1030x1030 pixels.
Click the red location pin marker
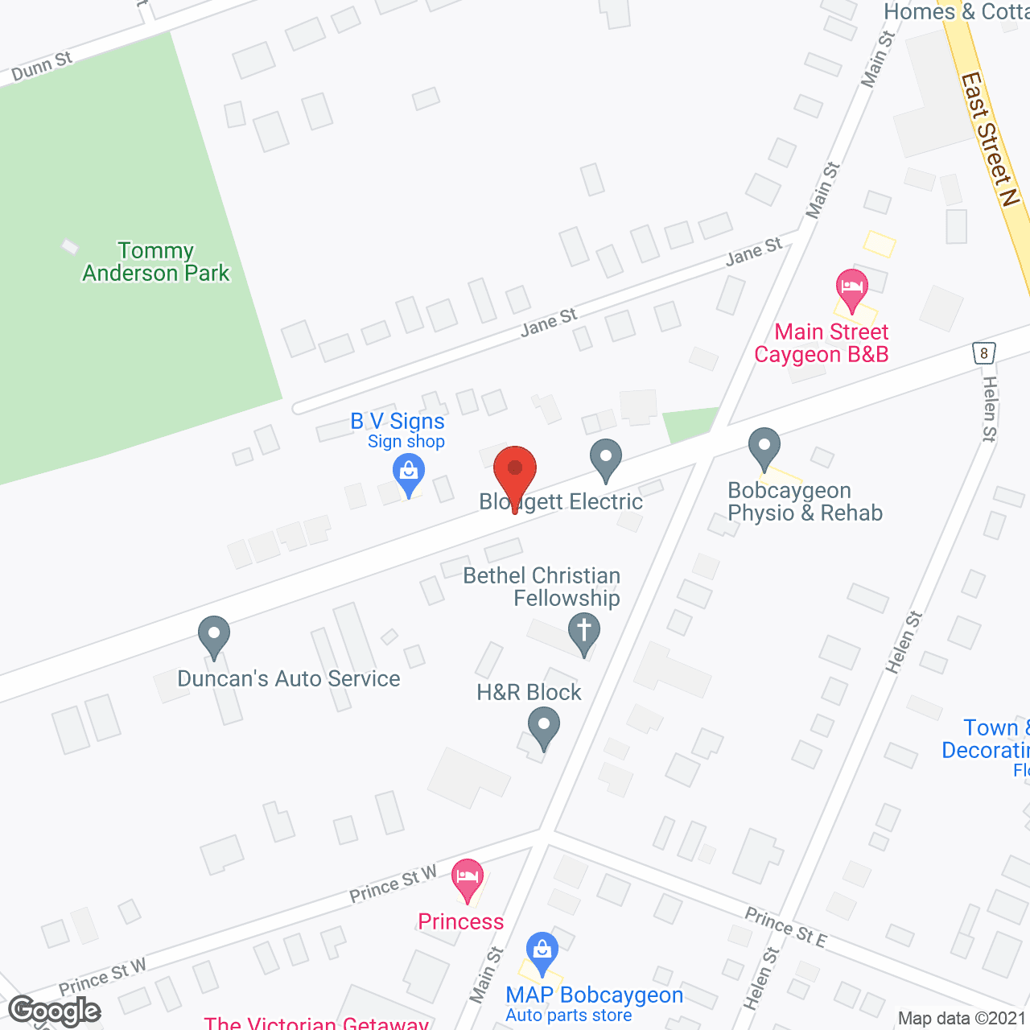pyautogui.click(x=515, y=472)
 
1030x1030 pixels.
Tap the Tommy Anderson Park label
pyautogui.click(x=156, y=262)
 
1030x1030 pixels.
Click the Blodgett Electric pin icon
pyautogui.click(x=606, y=459)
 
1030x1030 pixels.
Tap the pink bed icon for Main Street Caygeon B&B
pyautogui.click(x=851, y=286)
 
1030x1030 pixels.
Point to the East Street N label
pyautogui.click(x=990, y=138)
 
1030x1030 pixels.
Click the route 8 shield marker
pyautogui.click(x=983, y=352)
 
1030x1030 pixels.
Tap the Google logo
pyautogui.click(x=55, y=1011)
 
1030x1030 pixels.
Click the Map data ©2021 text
pyautogui.click(x=962, y=1019)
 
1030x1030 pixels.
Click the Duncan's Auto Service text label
pyautogui.click(x=288, y=679)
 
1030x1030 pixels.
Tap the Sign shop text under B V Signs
pyautogui.click(x=406, y=442)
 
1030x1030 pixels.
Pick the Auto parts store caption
pyautogui.click(x=568, y=1016)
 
